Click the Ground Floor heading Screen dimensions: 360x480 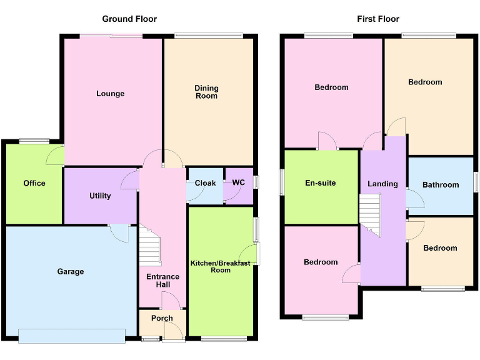pyautogui.click(x=129, y=19)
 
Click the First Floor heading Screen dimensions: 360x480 pyautogui.click(x=378, y=19)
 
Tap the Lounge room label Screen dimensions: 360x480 pyautogui.click(x=110, y=94)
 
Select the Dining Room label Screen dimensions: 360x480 pyautogui.click(x=206, y=92)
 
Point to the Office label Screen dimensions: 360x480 pyautogui.click(x=34, y=183)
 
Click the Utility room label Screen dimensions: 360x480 pyautogui.click(x=100, y=196)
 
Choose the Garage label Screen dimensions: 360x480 pyautogui.click(x=70, y=272)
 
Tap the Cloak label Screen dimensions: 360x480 pyautogui.click(x=205, y=183)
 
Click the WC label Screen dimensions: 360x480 pyautogui.click(x=238, y=183)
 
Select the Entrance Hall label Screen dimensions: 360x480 pyautogui.click(x=162, y=281)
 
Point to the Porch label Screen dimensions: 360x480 pyautogui.click(x=162, y=318)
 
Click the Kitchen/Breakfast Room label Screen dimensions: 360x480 pyautogui.click(x=220, y=267)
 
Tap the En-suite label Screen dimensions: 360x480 pyautogui.click(x=320, y=183)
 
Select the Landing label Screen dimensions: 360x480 pyautogui.click(x=382, y=184)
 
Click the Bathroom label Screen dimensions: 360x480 pyautogui.click(x=441, y=185)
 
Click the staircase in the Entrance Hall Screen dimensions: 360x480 pyautogui.click(x=149, y=247)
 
